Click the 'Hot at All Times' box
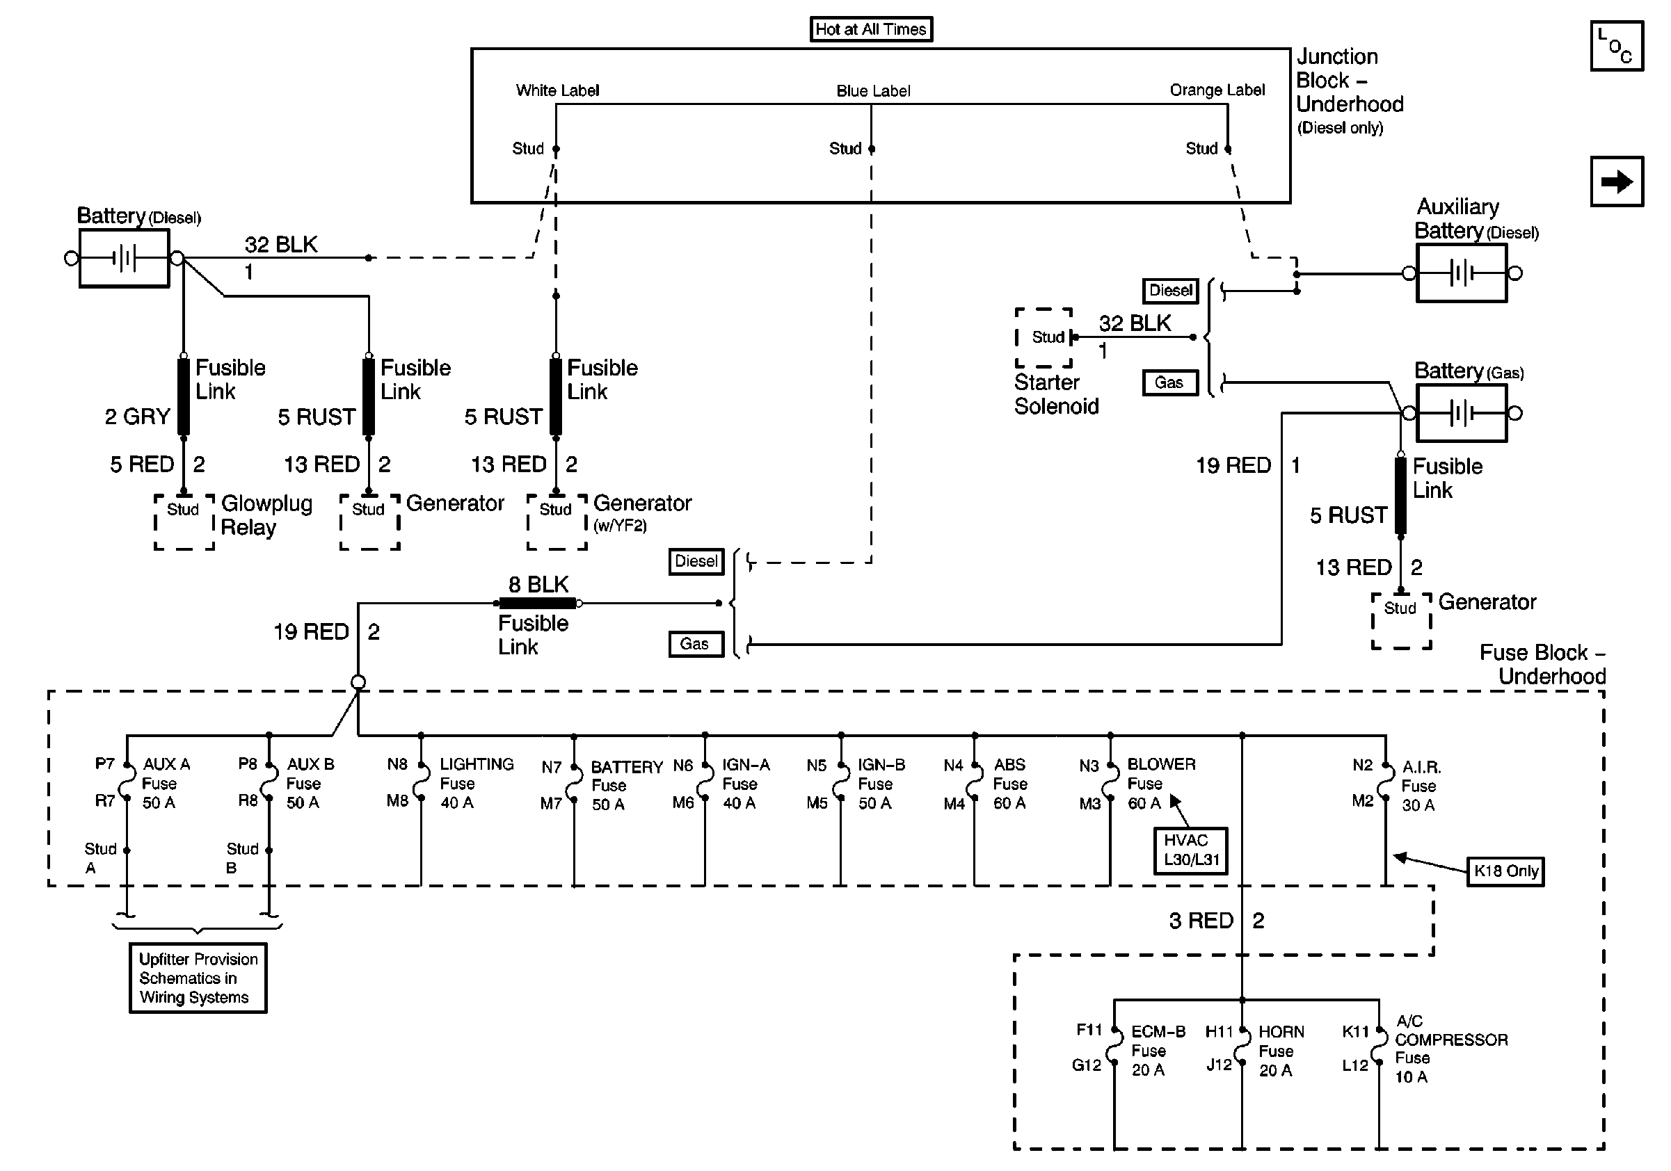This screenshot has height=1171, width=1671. (x=871, y=29)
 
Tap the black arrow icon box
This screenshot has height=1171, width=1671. (x=1617, y=181)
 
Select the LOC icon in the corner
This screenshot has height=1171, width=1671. (x=1617, y=46)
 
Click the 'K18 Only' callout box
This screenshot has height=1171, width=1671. (x=1505, y=871)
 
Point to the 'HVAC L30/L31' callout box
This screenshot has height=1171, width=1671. (x=1191, y=850)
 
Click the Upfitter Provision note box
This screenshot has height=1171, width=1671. (x=198, y=978)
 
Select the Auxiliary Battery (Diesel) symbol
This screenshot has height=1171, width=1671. (x=1462, y=273)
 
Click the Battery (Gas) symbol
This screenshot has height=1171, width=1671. (x=1462, y=413)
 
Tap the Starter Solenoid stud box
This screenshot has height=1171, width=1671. (x=1044, y=337)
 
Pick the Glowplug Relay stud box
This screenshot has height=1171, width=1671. (x=184, y=522)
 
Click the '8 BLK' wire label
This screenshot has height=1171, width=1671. (x=538, y=585)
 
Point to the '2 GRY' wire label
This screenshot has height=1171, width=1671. (x=138, y=417)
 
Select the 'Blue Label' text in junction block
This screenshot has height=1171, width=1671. (x=873, y=91)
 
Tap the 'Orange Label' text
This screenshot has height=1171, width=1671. (x=1217, y=90)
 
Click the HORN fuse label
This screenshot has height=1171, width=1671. (x=1281, y=1051)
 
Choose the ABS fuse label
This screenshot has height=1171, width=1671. (x=1010, y=784)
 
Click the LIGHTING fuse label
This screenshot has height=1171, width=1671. (x=477, y=784)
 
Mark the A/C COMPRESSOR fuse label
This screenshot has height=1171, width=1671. (x=1451, y=1049)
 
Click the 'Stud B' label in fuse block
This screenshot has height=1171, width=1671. (x=242, y=858)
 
